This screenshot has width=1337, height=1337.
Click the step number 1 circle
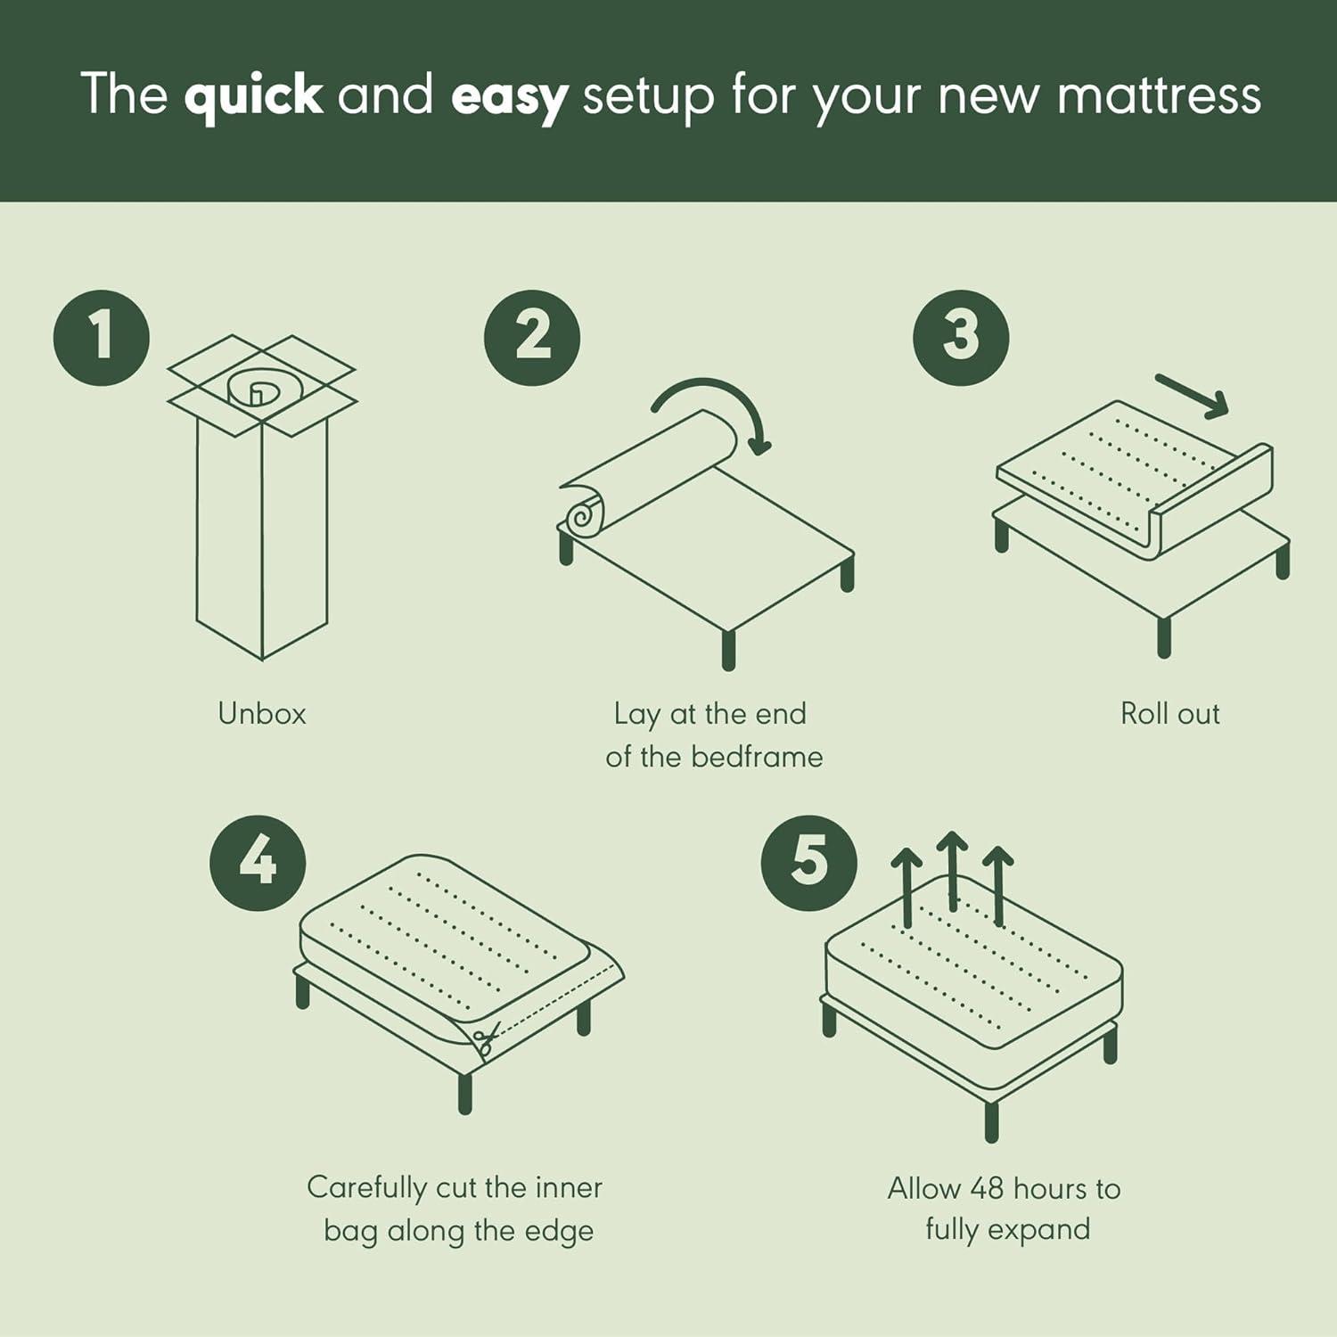pyautogui.click(x=102, y=338)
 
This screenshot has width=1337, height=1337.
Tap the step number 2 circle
pyautogui.click(x=532, y=338)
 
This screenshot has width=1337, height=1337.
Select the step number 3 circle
pyautogui.click(x=961, y=338)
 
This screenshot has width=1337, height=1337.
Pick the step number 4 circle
pyautogui.click(x=258, y=863)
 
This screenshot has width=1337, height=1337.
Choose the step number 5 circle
pyautogui.click(x=808, y=863)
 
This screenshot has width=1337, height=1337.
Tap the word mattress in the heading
pyautogui.click(x=1159, y=94)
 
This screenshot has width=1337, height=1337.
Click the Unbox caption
pyautogui.click(x=262, y=714)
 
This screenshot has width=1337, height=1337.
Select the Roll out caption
pyautogui.click(x=1169, y=714)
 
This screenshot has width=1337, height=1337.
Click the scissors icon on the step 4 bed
pyautogui.click(x=486, y=1039)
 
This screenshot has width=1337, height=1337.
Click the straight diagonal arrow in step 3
pyautogui.click(x=1193, y=396)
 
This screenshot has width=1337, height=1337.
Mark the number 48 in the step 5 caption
pyautogui.click(x=987, y=1188)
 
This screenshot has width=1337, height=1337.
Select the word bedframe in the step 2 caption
pyautogui.click(x=757, y=757)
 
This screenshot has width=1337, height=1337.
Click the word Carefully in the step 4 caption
pyautogui.click(x=366, y=1187)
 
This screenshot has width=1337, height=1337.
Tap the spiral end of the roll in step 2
pyautogui.click(x=582, y=518)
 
